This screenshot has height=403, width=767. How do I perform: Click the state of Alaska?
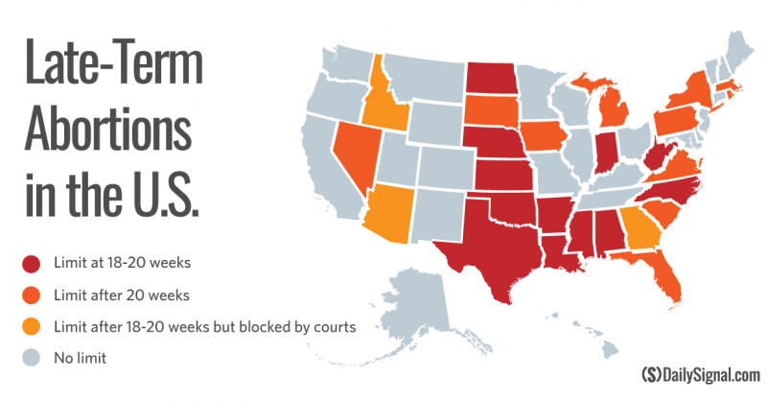click(x=436, y=307)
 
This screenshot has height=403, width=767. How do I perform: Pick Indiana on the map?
click(x=605, y=154)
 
